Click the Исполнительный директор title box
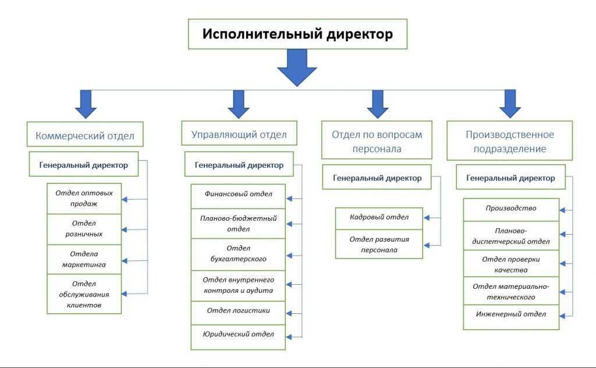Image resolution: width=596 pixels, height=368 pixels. pos(297,34)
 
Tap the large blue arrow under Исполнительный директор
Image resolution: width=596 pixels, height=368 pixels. pos(297,68)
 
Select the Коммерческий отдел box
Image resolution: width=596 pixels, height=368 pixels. pos(85,136)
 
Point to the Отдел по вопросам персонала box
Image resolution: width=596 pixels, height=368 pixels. pos(377,141)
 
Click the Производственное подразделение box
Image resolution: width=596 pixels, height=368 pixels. pos(509,141)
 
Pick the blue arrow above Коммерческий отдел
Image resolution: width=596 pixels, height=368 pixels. pos(86,104)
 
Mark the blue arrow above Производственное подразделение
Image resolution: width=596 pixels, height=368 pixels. pos(510,103)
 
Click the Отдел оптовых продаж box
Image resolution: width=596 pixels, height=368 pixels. pos(84,199)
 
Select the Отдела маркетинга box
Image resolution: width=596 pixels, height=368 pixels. pos(84,259)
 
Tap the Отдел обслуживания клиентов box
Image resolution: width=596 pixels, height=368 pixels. pos(84,294)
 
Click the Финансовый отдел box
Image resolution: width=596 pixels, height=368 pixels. pos(238,193)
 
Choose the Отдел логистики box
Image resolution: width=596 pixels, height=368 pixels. pos(238,310)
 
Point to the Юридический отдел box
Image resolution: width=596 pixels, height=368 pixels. pos(238,334)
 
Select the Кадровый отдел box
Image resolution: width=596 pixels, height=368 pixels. pos(379,217)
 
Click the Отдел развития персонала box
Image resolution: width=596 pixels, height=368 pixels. pos(379,244)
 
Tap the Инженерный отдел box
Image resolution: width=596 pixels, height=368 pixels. pos(511,314)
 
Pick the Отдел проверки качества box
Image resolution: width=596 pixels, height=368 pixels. pos(511,264)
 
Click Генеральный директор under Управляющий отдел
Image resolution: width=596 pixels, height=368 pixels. pos(239,165)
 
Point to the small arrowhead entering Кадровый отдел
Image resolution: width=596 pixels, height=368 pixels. pos(427,218)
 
